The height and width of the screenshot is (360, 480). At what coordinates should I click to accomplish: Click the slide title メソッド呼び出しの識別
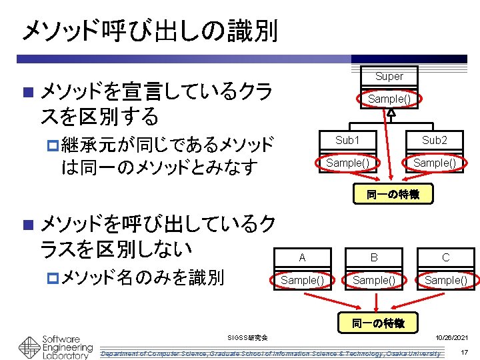[149, 30]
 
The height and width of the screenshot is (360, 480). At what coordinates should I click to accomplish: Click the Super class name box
[389, 76]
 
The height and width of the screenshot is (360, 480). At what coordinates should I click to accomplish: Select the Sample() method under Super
[389, 99]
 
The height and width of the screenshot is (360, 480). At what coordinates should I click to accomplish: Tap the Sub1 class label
[347, 140]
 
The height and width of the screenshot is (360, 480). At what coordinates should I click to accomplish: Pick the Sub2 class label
[435, 140]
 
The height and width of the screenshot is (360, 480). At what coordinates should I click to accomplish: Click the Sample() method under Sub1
[347, 163]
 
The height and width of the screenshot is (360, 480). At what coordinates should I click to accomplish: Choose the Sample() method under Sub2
[435, 163]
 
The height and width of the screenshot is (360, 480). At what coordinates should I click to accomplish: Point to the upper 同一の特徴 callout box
[393, 194]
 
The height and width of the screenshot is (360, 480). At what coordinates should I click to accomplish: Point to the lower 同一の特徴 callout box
[378, 323]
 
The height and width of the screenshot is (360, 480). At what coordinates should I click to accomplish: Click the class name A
[302, 257]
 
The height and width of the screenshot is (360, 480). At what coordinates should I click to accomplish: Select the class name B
[374, 257]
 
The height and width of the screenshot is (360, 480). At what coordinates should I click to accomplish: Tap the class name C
[445, 257]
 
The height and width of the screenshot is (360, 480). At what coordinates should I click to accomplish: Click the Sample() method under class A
[302, 280]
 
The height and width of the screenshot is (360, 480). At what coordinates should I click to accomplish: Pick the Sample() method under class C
[445, 280]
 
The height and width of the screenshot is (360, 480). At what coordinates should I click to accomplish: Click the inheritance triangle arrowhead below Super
[391, 113]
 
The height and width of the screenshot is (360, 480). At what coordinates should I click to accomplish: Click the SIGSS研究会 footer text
[247, 339]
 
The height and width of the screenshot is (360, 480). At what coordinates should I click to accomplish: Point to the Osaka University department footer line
[270, 353]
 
